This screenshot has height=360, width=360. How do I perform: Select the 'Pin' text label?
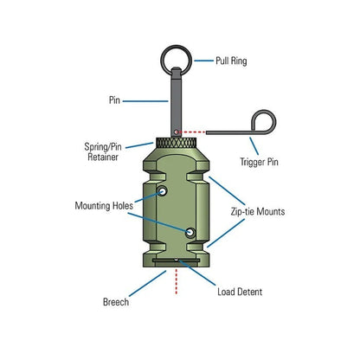tap(116, 100)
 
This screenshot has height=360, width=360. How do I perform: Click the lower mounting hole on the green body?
tap(190, 231)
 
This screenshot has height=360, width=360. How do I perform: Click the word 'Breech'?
tap(115, 302)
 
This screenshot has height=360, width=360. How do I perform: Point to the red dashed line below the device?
tap(177, 280)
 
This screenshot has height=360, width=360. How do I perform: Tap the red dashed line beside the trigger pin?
tap(207, 131)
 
